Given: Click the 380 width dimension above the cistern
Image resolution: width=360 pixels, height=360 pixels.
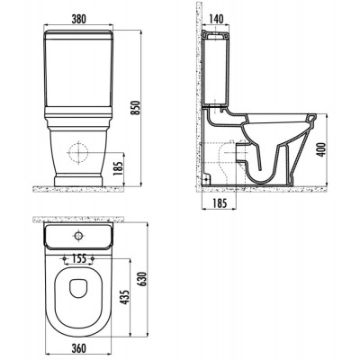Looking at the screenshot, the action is [x=78, y=19].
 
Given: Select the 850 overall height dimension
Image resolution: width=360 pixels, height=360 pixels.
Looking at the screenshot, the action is [x=136, y=108].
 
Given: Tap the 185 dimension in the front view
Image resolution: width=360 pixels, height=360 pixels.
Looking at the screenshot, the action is [x=119, y=169].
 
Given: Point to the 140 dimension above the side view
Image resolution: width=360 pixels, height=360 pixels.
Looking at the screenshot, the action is [x=215, y=19].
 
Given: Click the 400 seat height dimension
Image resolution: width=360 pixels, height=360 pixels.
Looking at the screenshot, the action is [x=321, y=149].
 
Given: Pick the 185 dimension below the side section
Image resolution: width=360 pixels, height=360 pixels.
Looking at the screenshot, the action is [x=220, y=203].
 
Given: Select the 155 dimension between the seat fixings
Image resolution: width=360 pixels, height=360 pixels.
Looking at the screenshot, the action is [x=78, y=258].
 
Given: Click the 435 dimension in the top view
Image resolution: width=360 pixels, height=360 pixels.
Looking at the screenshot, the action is [x=125, y=297].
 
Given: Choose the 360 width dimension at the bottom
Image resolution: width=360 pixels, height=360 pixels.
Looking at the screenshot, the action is [x=78, y=348].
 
